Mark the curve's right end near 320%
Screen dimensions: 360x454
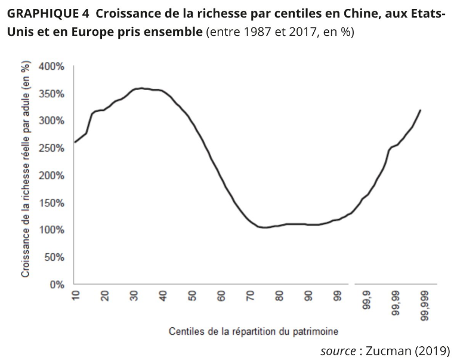pos(421,110)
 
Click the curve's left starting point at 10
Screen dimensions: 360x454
pos(75,142)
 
